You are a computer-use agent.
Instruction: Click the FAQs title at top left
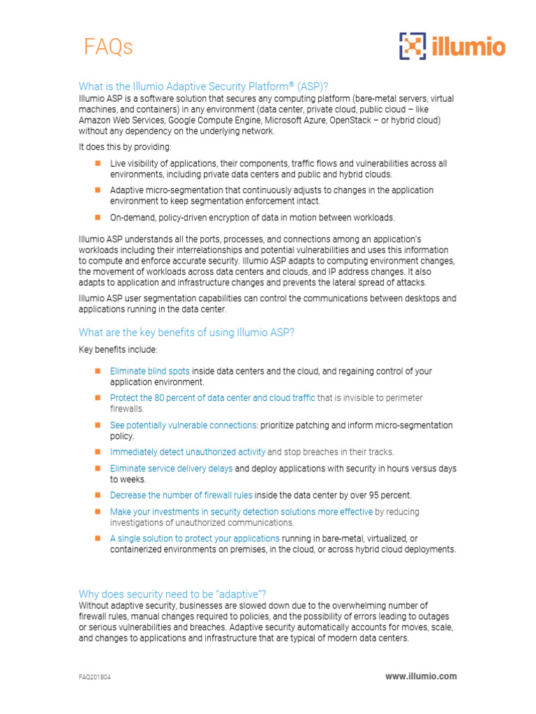coord(108,47)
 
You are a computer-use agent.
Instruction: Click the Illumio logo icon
coord(412,46)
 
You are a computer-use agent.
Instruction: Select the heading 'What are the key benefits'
coord(186,332)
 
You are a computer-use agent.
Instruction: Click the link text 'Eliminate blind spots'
coord(149,371)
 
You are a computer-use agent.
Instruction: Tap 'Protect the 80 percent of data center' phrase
coord(212,397)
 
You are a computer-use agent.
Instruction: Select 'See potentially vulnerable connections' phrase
coord(184,425)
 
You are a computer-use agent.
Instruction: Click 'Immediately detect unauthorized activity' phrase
coord(187,451)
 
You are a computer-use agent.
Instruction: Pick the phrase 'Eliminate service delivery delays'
coord(171,469)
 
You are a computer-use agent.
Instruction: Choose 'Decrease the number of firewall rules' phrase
coord(181,495)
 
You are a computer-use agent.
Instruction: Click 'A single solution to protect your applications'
coord(195,538)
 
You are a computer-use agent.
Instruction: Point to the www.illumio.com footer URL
coord(421,676)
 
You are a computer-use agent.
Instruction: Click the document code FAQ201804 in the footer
coord(94,676)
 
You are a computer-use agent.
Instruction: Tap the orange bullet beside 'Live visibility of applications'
coord(98,162)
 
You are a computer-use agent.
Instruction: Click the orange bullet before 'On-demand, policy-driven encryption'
coord(98,217)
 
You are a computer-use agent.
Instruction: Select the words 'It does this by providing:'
coord(124,146)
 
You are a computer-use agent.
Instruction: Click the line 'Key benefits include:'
coord(118,349)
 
